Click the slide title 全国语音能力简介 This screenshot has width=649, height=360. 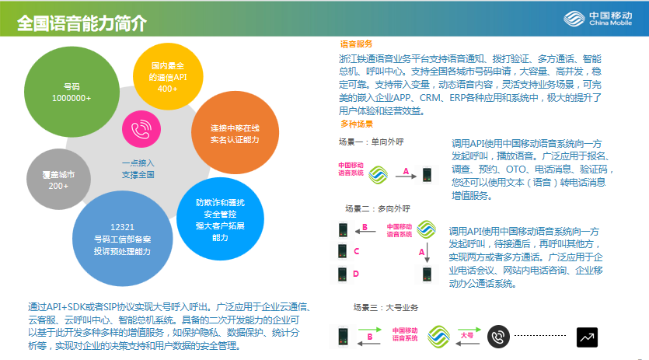click(82, 23)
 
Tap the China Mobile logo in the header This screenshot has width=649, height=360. click(598, 19)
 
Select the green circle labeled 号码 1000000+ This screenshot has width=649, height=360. click(72, 92)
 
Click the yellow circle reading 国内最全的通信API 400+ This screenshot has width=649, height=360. click(168, 77)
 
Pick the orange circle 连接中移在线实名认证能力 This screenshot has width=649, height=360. click(235, 133)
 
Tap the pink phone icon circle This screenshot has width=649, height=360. click(141, 129)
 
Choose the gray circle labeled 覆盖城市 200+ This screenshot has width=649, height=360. click(58, 180)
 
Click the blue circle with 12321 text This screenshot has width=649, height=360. click(122, 239)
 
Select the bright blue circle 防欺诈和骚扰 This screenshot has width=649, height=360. click(220, 219)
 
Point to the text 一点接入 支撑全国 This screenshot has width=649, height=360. click(138, 169)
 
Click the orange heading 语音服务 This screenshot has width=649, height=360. click(356, 44)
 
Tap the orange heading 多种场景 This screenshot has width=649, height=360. click(357, 124)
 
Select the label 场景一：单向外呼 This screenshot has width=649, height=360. click(371, 142)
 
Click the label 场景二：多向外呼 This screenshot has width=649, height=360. click(378, 209)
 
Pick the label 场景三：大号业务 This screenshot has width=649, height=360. click(386, 307)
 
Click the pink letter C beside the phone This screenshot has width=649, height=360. click(357, 251)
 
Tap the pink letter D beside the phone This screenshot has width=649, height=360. click(356, 274)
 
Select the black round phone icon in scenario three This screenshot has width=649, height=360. click(498, 337)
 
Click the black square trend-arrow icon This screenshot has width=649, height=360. click(587, 337)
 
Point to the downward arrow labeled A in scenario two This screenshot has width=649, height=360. click(427, 252)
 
